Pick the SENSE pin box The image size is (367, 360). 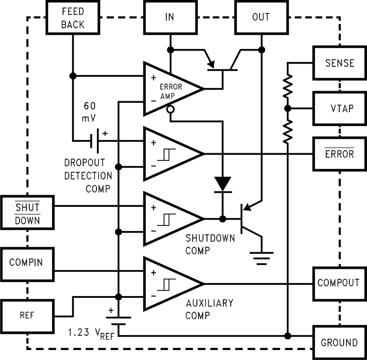[339, 63]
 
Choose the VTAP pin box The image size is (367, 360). [339, 108]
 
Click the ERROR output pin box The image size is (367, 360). [339, 154]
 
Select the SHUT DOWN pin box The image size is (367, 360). [27, 213]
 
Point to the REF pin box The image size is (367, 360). [27, 316]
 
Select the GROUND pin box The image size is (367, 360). [339, 342]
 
